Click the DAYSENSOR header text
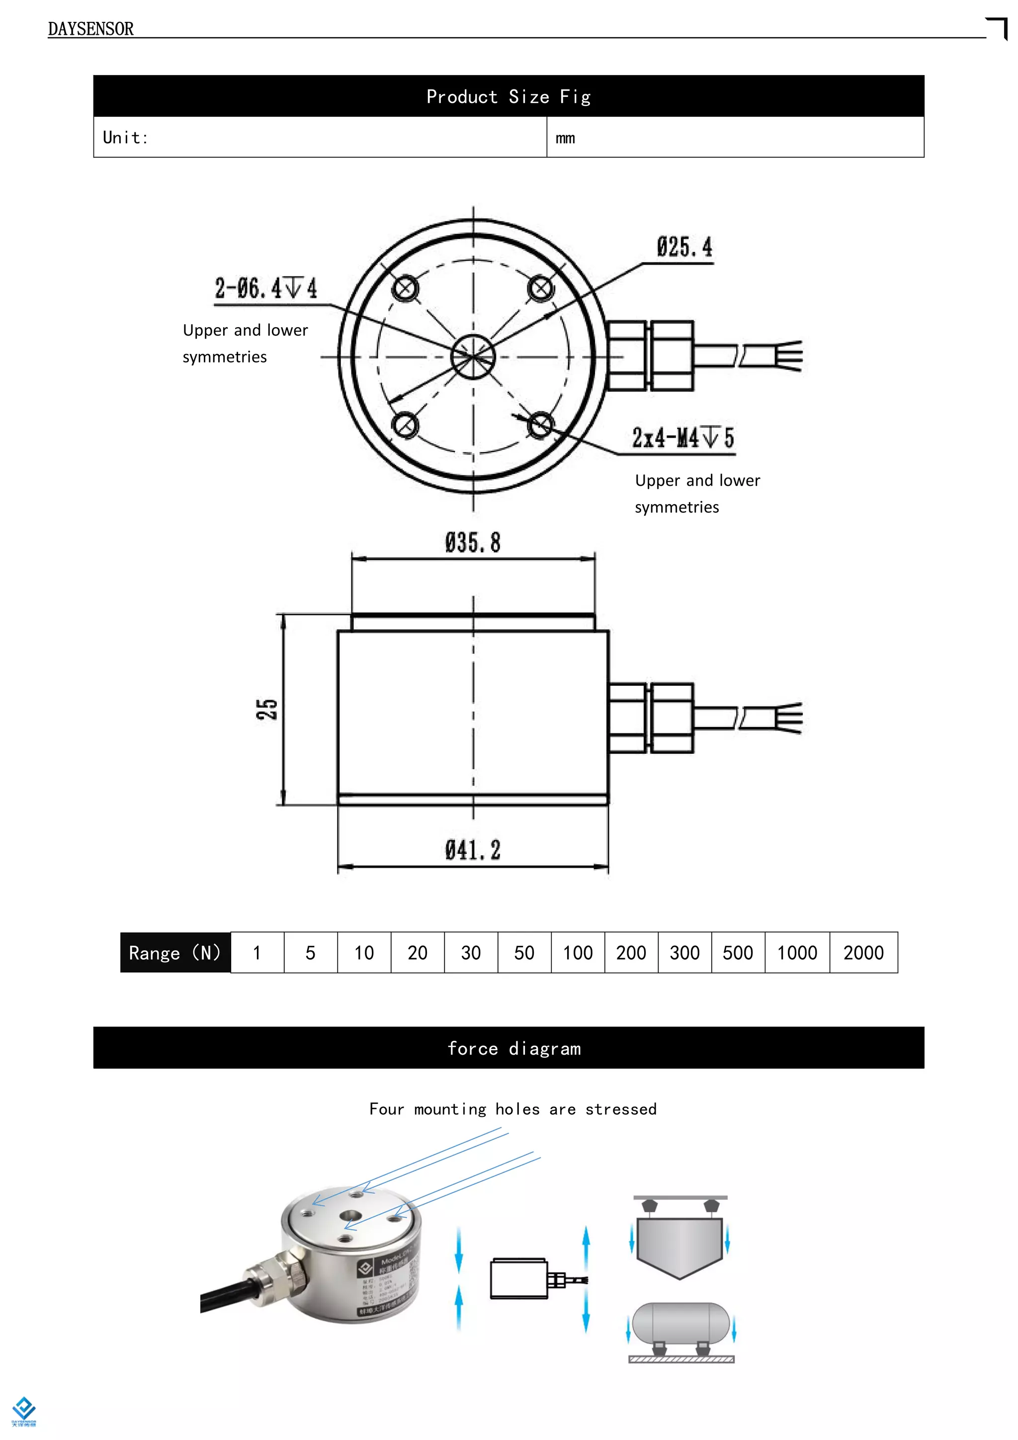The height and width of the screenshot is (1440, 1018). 90,29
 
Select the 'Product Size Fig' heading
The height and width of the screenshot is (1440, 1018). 509,96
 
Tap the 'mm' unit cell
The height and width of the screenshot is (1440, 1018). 565,138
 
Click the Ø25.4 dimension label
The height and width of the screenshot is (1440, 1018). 684,247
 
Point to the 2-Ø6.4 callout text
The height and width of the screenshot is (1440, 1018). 266,288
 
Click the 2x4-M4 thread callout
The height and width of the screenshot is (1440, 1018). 682,437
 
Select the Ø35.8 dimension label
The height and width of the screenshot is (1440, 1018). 473,542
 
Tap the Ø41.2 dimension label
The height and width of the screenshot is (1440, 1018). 473,850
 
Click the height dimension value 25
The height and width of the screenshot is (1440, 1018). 267,710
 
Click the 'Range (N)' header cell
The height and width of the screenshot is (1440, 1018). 175,953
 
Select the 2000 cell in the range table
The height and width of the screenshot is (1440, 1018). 863,953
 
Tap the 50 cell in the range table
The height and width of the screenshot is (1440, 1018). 524,953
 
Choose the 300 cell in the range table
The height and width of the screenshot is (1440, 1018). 684,953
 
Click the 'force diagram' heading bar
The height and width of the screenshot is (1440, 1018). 509,1048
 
